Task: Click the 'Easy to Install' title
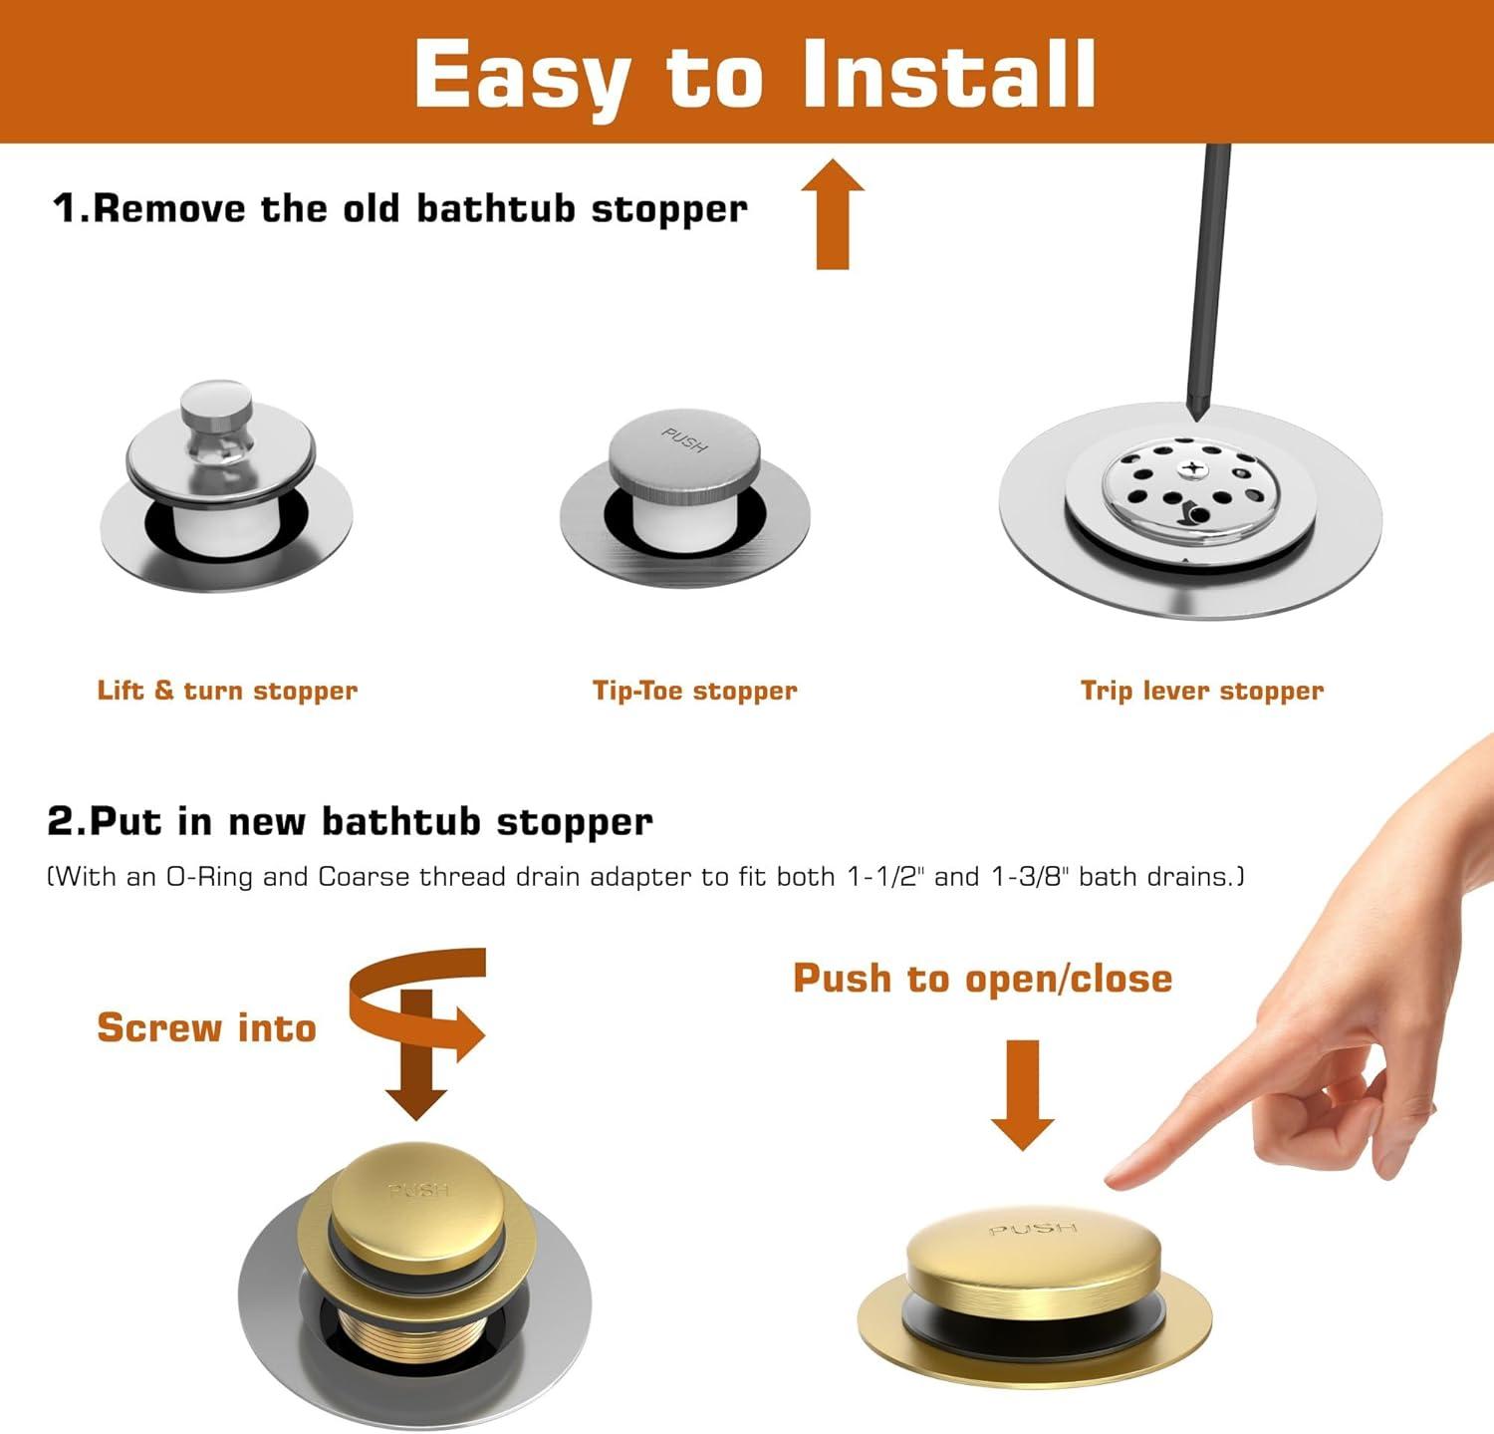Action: point(755,75)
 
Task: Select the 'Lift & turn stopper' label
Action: point(227,691)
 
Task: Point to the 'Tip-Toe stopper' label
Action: point(695,691)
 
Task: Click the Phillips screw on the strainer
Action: point(1189,467)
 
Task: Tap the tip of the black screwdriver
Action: point(1196,417)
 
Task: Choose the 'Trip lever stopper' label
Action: point(1202,691)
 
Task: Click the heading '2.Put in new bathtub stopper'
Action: point(350,821)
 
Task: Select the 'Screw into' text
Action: point(206,1027)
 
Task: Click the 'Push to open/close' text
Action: point(982,979)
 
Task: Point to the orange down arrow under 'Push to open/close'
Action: point(1023,1094)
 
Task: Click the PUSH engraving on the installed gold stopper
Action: point(1033,1229)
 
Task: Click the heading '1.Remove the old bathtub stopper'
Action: point(399,208)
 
